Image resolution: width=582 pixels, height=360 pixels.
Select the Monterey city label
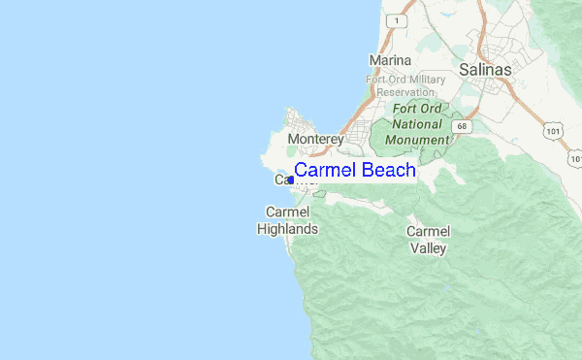point(316,140)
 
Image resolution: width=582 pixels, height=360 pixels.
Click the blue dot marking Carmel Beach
point(291,180)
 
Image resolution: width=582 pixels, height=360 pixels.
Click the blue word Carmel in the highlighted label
point(323,171)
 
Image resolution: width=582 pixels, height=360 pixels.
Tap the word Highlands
point(287,229)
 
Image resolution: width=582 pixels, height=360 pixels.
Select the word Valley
point(428,248)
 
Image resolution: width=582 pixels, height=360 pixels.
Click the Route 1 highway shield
point(395,19)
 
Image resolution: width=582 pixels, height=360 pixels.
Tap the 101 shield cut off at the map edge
point(576,157)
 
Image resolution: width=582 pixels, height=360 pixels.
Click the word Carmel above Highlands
point(287,212)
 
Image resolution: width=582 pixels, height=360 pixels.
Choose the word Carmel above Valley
point(428,231)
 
